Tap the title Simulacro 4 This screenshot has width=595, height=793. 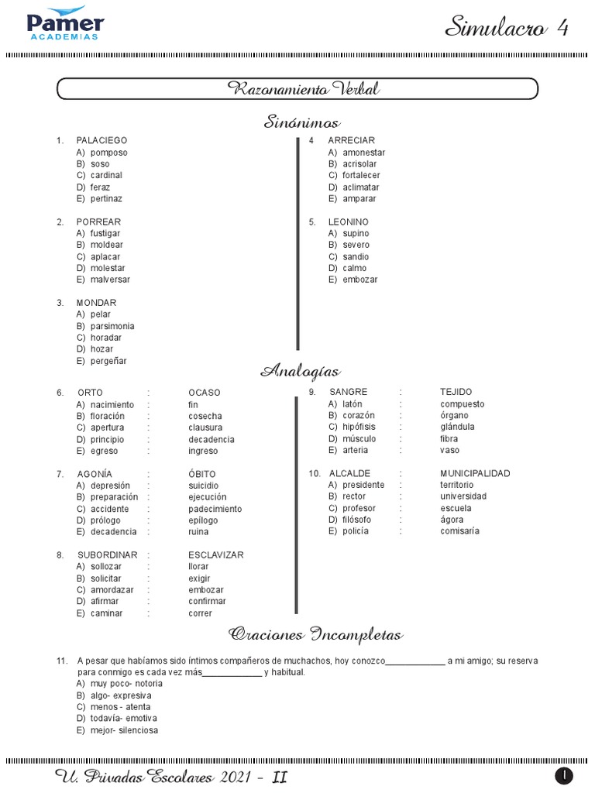tap(507, 29)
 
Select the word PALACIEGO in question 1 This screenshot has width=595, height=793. tap(101, 141)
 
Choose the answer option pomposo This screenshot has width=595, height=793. tap(108, 153)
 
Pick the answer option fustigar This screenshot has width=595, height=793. tap(105, 233)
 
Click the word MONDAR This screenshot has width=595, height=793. tap(96, 303)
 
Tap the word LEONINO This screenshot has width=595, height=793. tap(348, 222)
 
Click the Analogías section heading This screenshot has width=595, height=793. tap(301, 372)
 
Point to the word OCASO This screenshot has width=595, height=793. tap(205, 393)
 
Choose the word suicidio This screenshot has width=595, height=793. tap(204, 486)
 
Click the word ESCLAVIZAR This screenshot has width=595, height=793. tap(216, 555)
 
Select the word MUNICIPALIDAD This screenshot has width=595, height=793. tap(475, 473)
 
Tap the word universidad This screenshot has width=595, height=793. tap(463, 496)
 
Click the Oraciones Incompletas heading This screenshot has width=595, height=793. tap(315, 635)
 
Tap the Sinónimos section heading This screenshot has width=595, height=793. tap(302, 122)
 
